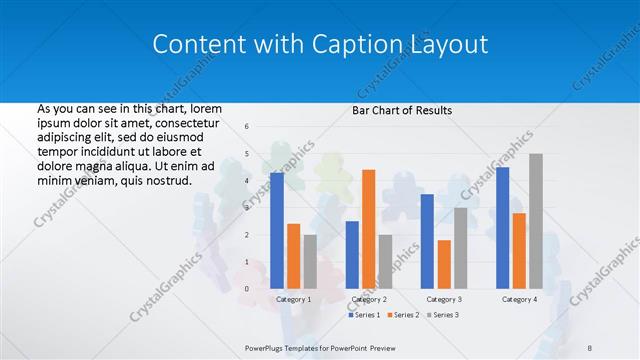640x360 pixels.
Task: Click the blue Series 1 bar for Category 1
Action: (277, 231)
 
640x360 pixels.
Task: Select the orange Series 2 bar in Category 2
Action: (368, 229)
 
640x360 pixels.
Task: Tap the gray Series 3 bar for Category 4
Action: (536, 221)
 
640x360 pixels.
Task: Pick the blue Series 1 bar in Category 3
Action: (427, 241)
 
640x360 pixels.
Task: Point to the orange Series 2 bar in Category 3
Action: (444, 264)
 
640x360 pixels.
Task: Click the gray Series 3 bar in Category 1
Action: (310, 262)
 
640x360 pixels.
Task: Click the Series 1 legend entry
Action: (365, 315)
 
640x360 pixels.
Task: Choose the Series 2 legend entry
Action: (402, 315)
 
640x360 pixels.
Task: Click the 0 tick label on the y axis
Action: (247, 289)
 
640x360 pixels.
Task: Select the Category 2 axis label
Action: (369, 299)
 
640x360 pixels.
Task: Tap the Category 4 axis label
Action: (519, 299)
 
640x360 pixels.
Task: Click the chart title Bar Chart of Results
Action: (402, 110)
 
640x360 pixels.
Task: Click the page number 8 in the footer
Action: (590, 347)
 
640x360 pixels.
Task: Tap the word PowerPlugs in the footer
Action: (266, 347)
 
